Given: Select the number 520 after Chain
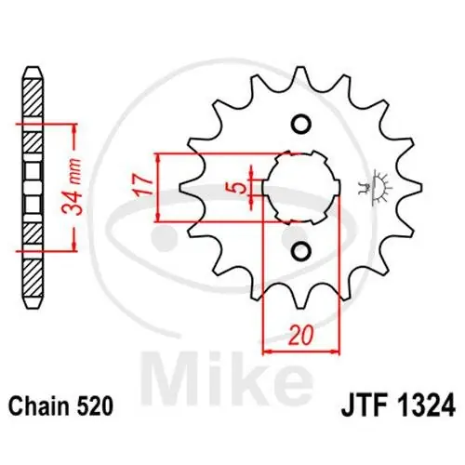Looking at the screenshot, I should [x=98, y=406].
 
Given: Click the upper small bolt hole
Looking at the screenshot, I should [x=300, y=125].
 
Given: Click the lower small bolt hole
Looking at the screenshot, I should [x=300, y=250].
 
